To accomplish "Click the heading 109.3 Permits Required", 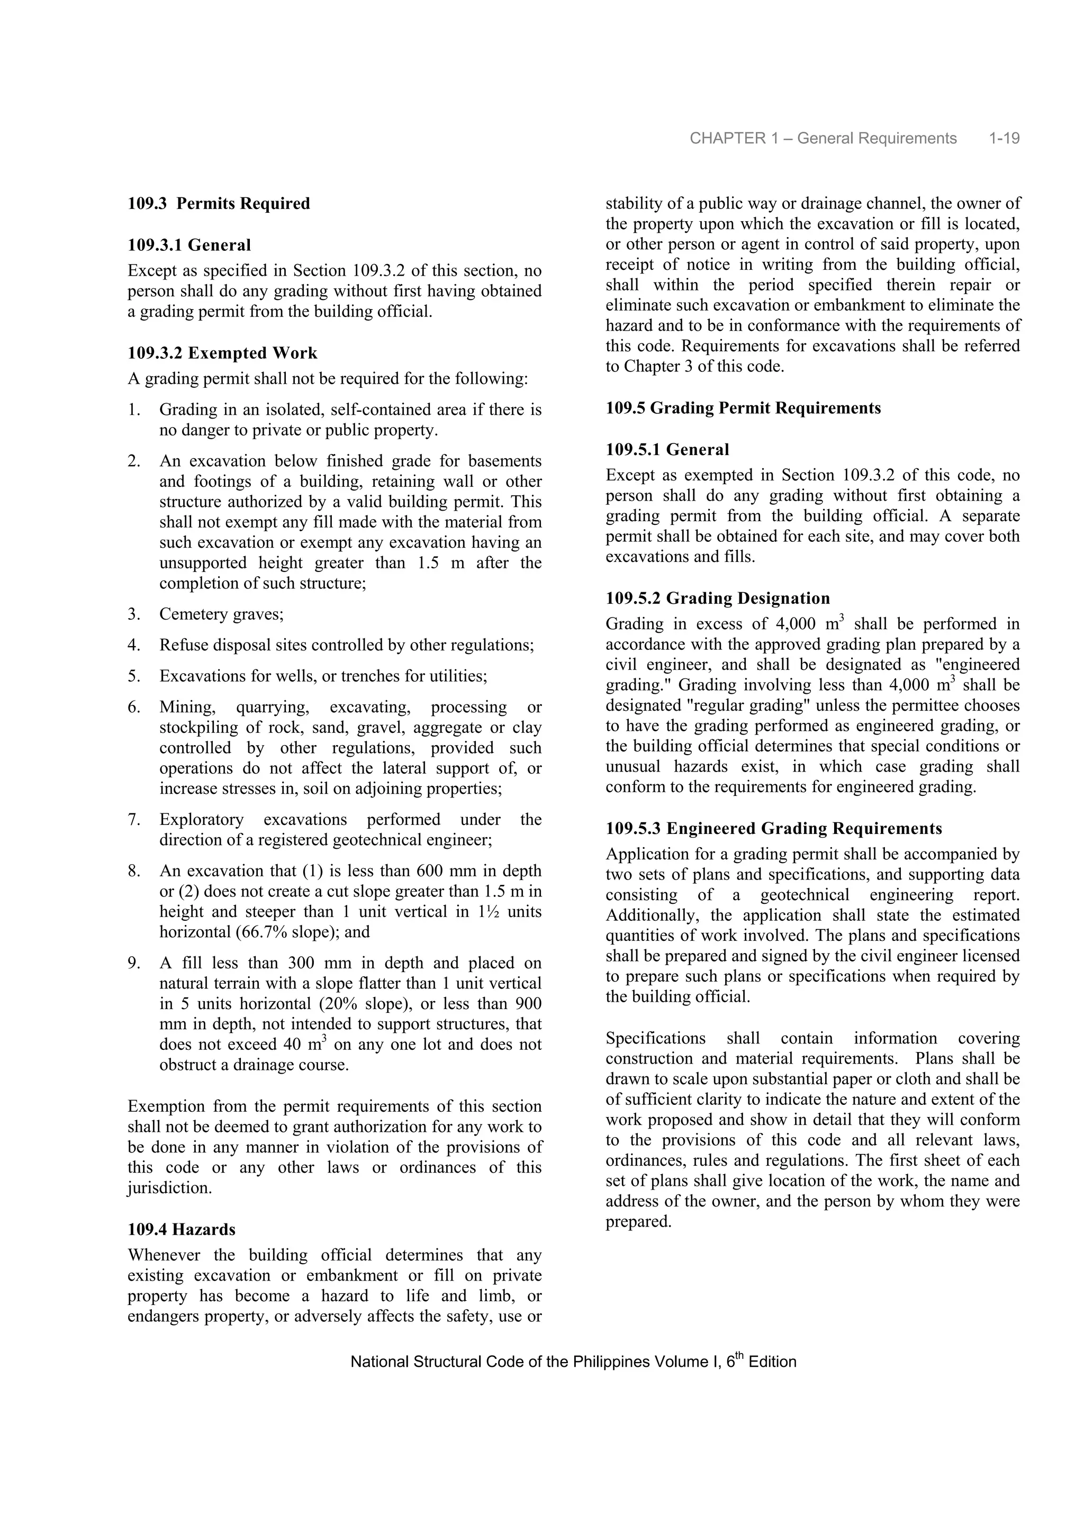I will (219, 204).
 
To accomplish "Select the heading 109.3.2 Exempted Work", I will (222, 353).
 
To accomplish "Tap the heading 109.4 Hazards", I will (181, 1229).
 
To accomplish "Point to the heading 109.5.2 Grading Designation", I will (717, 598).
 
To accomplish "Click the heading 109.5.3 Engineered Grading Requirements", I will (773, 829).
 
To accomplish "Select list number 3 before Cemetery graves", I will (133, 614).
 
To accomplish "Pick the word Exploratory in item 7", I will (201, 820).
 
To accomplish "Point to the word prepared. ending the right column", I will (638, 1222).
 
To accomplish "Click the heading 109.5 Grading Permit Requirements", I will (743, 408).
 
